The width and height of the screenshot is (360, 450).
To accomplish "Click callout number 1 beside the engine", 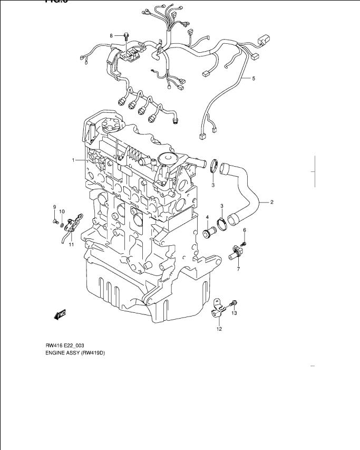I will [74, 159].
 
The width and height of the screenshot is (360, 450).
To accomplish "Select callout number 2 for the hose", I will [272, 202].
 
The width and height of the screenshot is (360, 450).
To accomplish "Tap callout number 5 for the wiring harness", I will [254, 79].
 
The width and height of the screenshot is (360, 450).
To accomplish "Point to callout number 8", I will [111, 35].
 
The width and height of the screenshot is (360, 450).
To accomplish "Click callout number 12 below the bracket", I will [219, 329].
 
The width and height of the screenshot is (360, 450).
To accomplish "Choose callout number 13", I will [234, 313].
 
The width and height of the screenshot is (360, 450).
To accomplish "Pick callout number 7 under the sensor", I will [238, 270].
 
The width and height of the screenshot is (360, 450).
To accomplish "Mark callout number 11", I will [71, 245].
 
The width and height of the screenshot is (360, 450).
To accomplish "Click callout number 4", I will [208, 217].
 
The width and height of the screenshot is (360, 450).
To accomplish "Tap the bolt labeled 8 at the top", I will [127, 36].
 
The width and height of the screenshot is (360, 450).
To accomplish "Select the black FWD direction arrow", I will [59, 315].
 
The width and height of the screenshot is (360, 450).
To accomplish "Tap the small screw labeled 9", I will [54, 222].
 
